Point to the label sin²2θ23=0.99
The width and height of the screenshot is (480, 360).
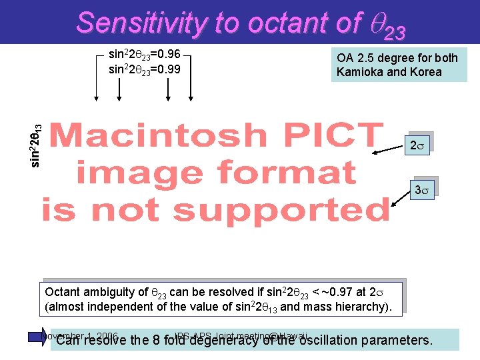[x=145, y=69]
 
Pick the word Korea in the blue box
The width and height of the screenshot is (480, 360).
[x=424, y=71]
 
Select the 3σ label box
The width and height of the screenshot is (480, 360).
[x=421, y=190]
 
